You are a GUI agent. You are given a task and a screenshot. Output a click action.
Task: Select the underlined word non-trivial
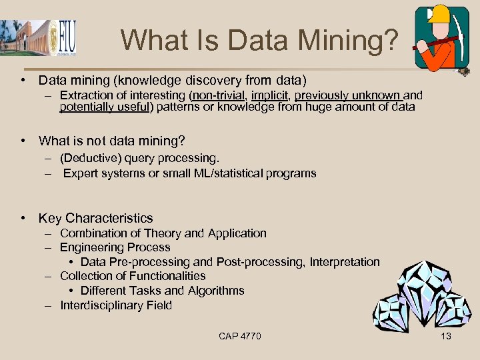pos(218,95)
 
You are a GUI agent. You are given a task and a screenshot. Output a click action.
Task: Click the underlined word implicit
pos(269,95)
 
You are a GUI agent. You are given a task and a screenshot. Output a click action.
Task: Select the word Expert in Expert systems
pos(81,173)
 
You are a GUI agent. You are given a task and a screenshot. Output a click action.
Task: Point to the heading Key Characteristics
pos(95,218)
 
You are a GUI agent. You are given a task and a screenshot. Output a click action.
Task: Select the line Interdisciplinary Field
pos(115,305)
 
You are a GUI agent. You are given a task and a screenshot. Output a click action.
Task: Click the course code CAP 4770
pos(240,336)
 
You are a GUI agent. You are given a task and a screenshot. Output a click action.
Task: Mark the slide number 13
pos(446,336)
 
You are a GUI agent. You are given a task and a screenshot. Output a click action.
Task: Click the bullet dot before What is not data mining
pos(23,141)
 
